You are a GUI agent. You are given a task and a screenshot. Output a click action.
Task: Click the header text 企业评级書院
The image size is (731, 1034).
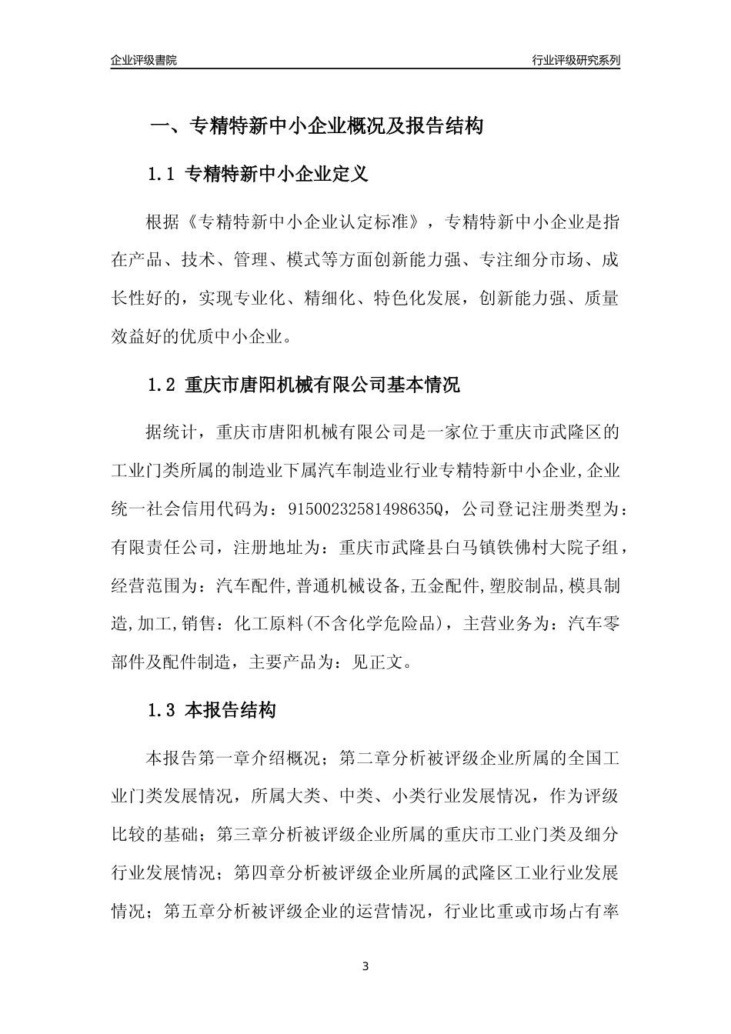point(144,60)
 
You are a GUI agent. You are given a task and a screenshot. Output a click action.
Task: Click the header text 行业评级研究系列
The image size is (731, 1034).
point(576,60)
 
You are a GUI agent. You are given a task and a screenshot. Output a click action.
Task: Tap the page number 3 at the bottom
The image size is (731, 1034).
point(365,966)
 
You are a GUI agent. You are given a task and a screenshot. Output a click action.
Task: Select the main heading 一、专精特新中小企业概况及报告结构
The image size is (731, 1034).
point(316,126)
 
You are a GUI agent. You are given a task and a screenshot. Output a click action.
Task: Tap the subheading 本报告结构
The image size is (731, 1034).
point(231,711)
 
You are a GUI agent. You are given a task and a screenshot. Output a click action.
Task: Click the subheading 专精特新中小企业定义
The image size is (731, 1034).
point(277,175)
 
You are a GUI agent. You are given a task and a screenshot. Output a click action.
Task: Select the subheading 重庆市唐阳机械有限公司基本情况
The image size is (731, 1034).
point(322,385)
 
